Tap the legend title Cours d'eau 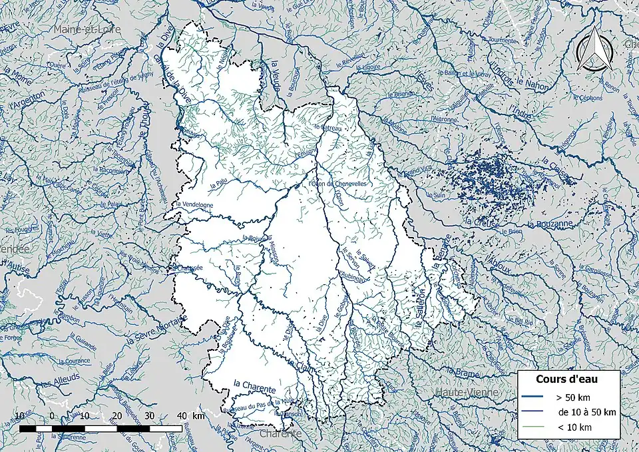[566, 379]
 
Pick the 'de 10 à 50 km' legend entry [586, 412]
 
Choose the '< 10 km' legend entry [574, 427]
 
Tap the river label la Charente [254, 383]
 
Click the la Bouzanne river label [549, 225]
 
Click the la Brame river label [463, 373]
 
